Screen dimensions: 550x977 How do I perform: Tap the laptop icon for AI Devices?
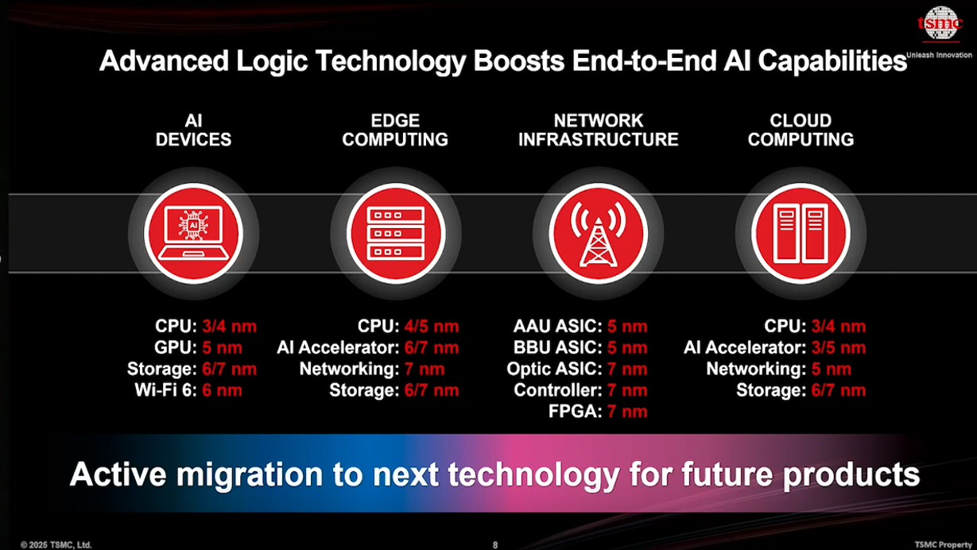[x=193, y=234]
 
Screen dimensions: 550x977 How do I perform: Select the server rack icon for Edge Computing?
[x=395, y=234]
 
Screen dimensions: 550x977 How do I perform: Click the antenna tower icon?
[x=598, y=234]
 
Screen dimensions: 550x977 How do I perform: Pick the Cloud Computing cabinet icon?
[x=801, y=234]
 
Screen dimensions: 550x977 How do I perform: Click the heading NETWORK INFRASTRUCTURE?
[x=598, y=130]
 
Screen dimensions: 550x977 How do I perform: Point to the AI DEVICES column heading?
[x=193, y=130]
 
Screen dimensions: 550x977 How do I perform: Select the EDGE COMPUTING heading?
[x=395, y=130]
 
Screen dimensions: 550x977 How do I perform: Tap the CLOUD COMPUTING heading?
[x=801, y=130]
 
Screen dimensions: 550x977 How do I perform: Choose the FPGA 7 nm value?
[x=627, y=412]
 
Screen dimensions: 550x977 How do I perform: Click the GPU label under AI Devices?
[x=175, y=348]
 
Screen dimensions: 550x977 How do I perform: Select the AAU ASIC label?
[x=558, y=327]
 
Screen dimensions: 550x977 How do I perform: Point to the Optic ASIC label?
[x=554, y=370]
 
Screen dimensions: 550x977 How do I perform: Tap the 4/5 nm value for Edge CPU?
[x=431, y=327]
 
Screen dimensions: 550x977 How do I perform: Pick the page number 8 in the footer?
[x=495, y=544]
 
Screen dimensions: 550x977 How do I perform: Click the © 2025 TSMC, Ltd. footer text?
[x=56, y=544]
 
